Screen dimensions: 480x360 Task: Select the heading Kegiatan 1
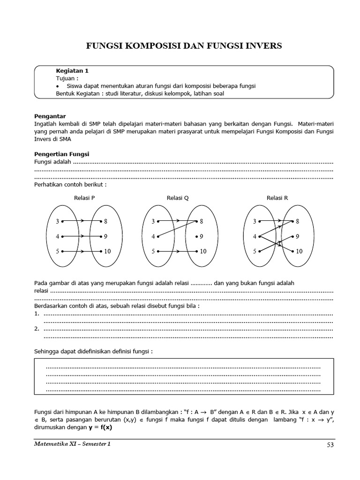[72, 71]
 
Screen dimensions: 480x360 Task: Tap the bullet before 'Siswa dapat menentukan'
[57, 86]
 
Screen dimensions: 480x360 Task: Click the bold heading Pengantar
[50, 116]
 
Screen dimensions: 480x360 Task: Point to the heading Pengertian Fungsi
[62, 154]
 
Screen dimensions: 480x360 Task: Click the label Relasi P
[84, 198]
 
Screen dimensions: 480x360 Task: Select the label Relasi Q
[178, 198]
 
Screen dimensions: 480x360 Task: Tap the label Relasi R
[277, 198]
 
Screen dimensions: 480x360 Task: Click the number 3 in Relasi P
[57, 221]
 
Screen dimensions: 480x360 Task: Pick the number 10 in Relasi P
[107, 251]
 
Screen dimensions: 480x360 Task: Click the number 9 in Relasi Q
[202, 236]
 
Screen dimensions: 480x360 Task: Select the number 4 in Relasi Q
[153, 236]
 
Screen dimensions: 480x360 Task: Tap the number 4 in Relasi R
[255, 236]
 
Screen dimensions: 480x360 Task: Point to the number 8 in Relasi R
[297, 221]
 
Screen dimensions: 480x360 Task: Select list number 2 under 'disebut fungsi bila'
[37, 329]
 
